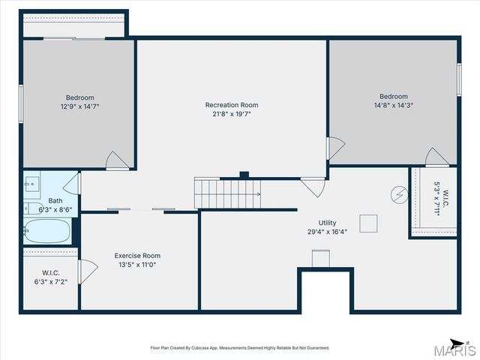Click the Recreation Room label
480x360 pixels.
[232, 105]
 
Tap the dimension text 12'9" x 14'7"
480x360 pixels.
[80, 106]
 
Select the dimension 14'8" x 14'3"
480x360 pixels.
[394, 105]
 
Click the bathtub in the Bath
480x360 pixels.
[48, 231]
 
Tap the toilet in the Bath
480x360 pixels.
[33, 208]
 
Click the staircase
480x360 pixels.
[227, 193]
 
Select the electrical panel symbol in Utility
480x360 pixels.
[399, 194]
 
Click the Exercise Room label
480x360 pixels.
[137, 256]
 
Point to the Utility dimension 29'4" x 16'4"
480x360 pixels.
[327, 232]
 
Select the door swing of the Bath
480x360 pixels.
[72, 183]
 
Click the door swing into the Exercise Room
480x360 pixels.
[88, 271]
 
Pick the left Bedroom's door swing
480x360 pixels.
[117, 160]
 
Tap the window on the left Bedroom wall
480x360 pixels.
[21, 104]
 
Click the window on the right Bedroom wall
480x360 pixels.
[459, 79]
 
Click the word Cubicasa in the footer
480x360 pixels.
[200, 348]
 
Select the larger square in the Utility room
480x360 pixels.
[368, 223]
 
